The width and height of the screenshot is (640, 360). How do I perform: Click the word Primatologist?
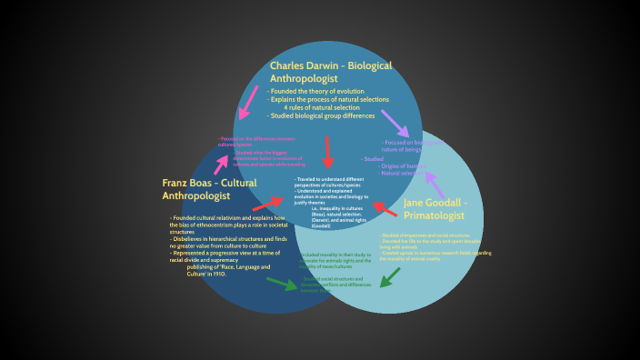point(435,216)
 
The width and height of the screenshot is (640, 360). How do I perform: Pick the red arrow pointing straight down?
point(328,152)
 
